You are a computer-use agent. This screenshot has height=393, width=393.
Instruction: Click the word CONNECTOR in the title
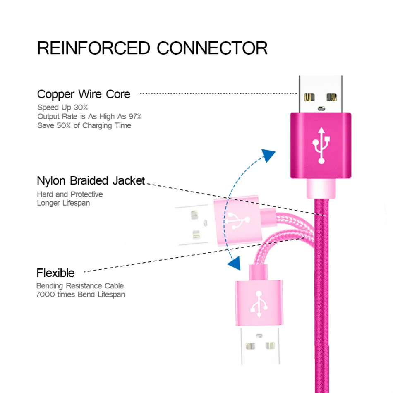coord(212,48)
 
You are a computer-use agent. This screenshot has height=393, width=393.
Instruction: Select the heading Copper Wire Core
coord(84,94)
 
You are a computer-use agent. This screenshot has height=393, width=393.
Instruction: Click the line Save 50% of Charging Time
coord(84,125)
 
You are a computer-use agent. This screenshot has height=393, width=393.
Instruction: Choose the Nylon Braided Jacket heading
coord(91,181)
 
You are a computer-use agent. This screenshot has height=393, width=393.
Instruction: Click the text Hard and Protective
coord(69,194)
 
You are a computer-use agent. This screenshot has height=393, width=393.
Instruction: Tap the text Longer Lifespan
coord(63,203)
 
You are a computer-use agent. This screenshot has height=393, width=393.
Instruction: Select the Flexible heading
coord(55,273)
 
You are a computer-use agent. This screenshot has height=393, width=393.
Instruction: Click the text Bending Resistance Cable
coord(80,286)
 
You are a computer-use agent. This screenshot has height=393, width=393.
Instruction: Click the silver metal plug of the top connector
coord(321,94)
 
